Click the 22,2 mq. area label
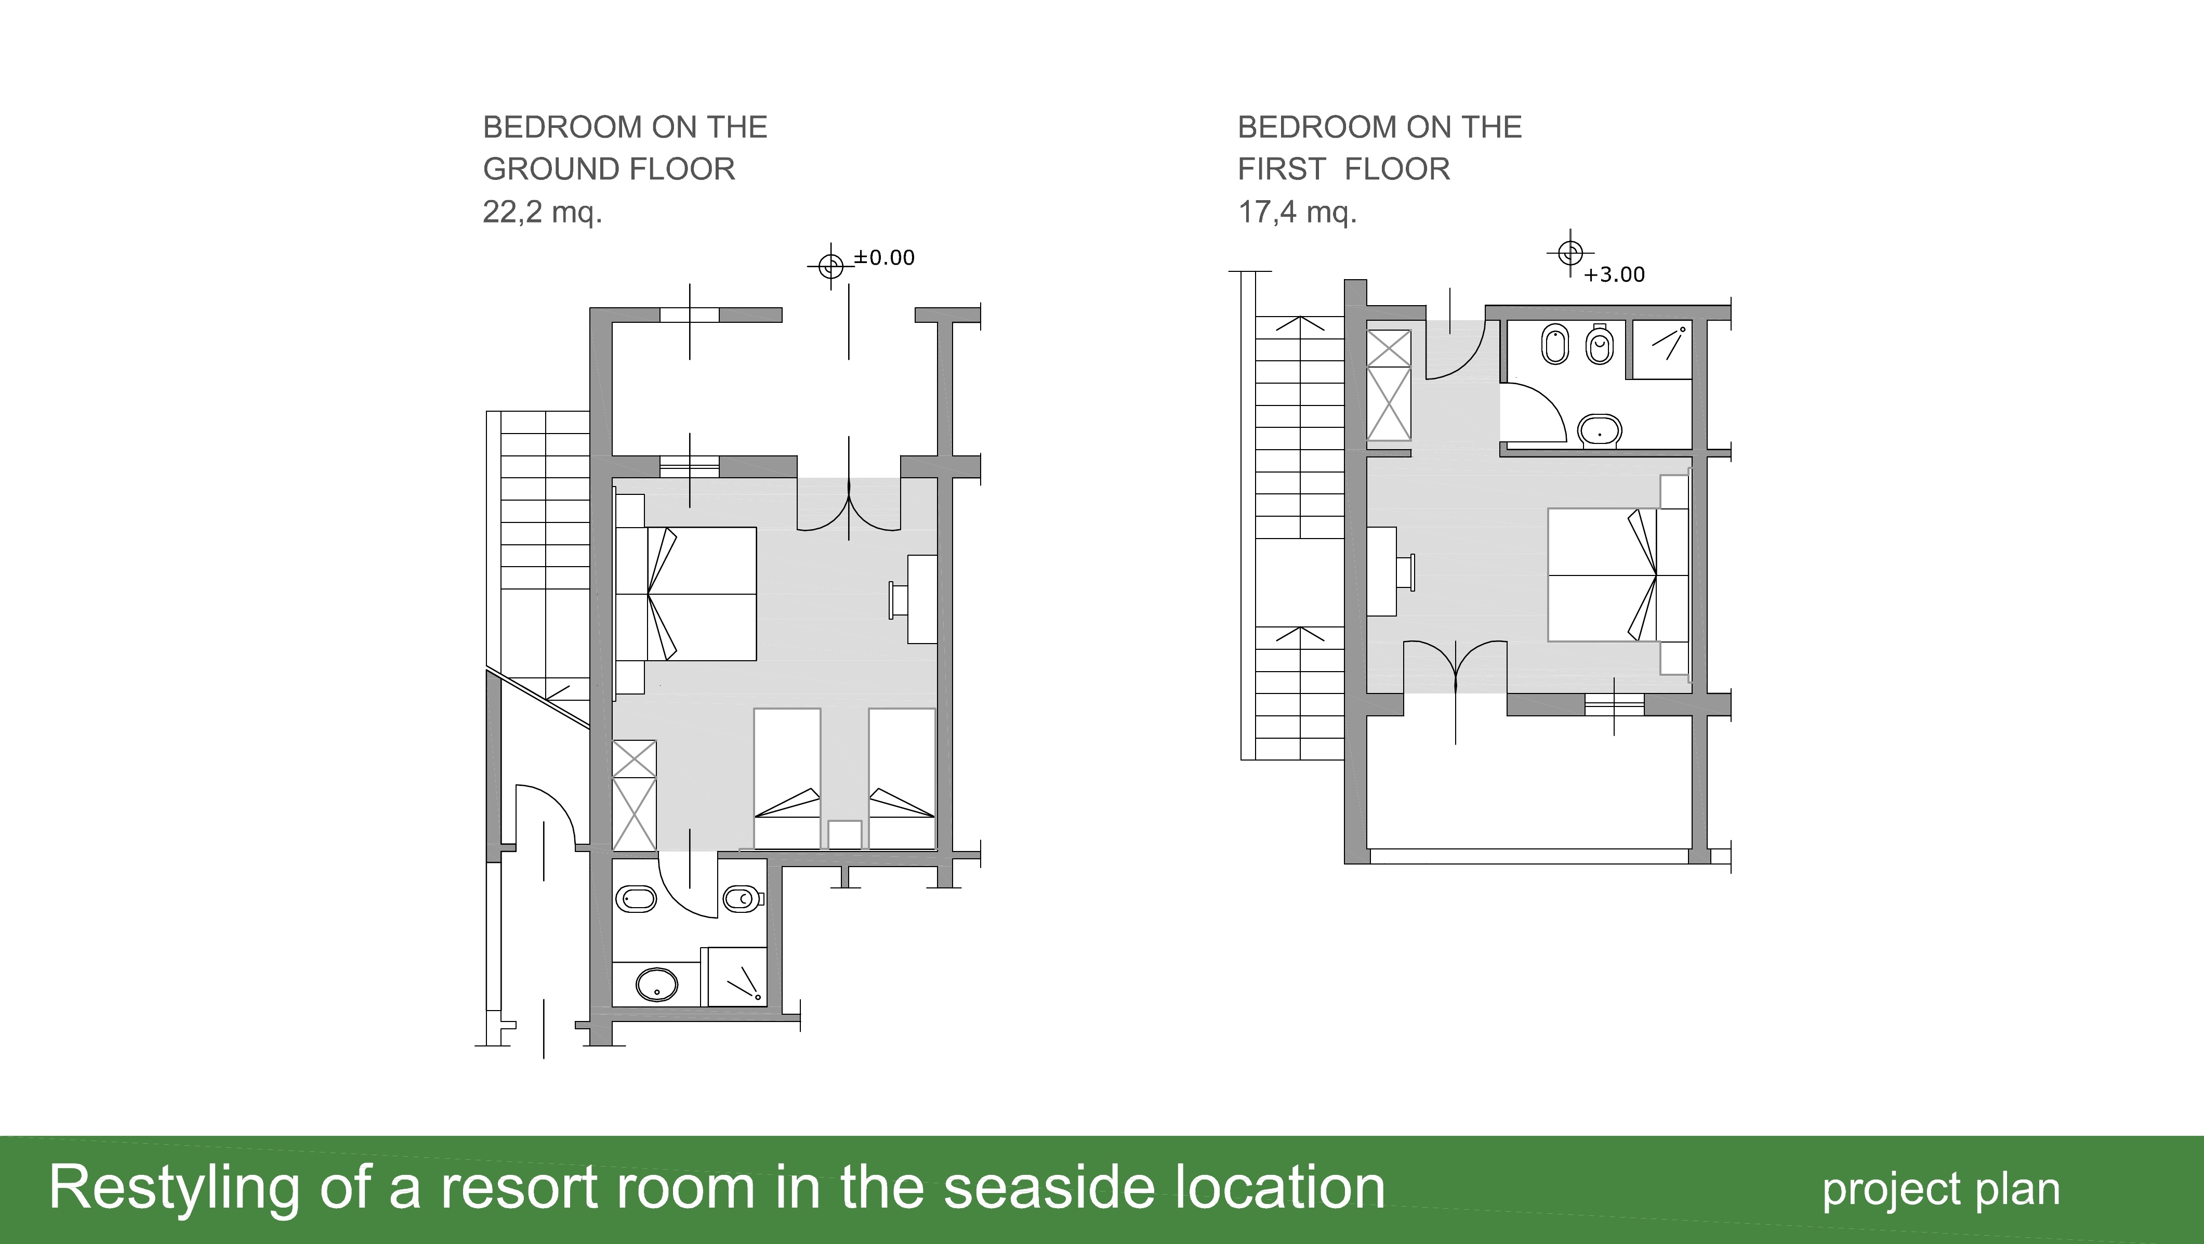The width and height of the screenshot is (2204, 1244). pos(543,212)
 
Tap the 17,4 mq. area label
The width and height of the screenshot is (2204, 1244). pos(1297,212)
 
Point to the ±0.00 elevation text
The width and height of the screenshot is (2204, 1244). pos(884,257)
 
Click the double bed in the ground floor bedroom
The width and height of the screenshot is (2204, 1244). pos(686,594)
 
